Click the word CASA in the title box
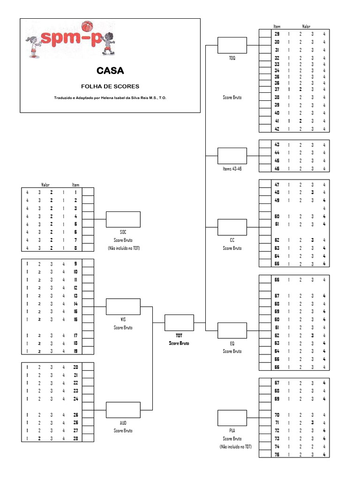110,71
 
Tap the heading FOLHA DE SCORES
110,86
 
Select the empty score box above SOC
123,219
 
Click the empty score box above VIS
123,307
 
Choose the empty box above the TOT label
179,322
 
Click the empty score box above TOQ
232,45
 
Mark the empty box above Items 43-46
232,156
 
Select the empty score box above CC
232,227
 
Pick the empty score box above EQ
232,330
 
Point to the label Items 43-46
232,169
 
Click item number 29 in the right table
277,34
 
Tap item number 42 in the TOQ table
277,129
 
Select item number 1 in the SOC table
75,192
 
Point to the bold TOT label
179,336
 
